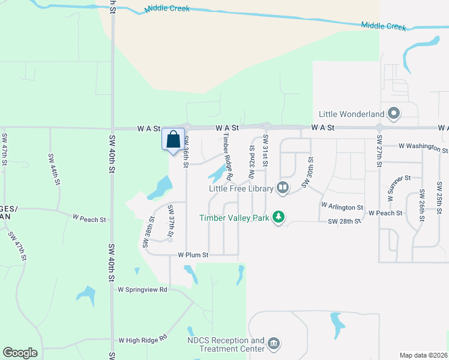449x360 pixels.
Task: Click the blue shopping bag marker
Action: (x=173, y=140)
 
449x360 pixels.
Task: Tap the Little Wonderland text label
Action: (x=352, y=114)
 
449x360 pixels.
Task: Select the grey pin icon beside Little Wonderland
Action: (x=394, y=113)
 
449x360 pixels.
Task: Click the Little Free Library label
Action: (x=241, y=188)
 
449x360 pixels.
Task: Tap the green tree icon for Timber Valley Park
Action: (x=278, y=217)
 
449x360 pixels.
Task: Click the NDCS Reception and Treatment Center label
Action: (x=225, y=344)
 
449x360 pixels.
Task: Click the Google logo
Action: (x=20, y=353)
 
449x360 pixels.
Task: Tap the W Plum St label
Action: (x=193, y=255)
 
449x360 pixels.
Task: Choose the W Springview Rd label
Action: (x=142, y=289)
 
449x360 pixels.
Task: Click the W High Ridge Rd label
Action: (x=142, y=340)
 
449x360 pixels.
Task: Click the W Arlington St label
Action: (x=342, y=206)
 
